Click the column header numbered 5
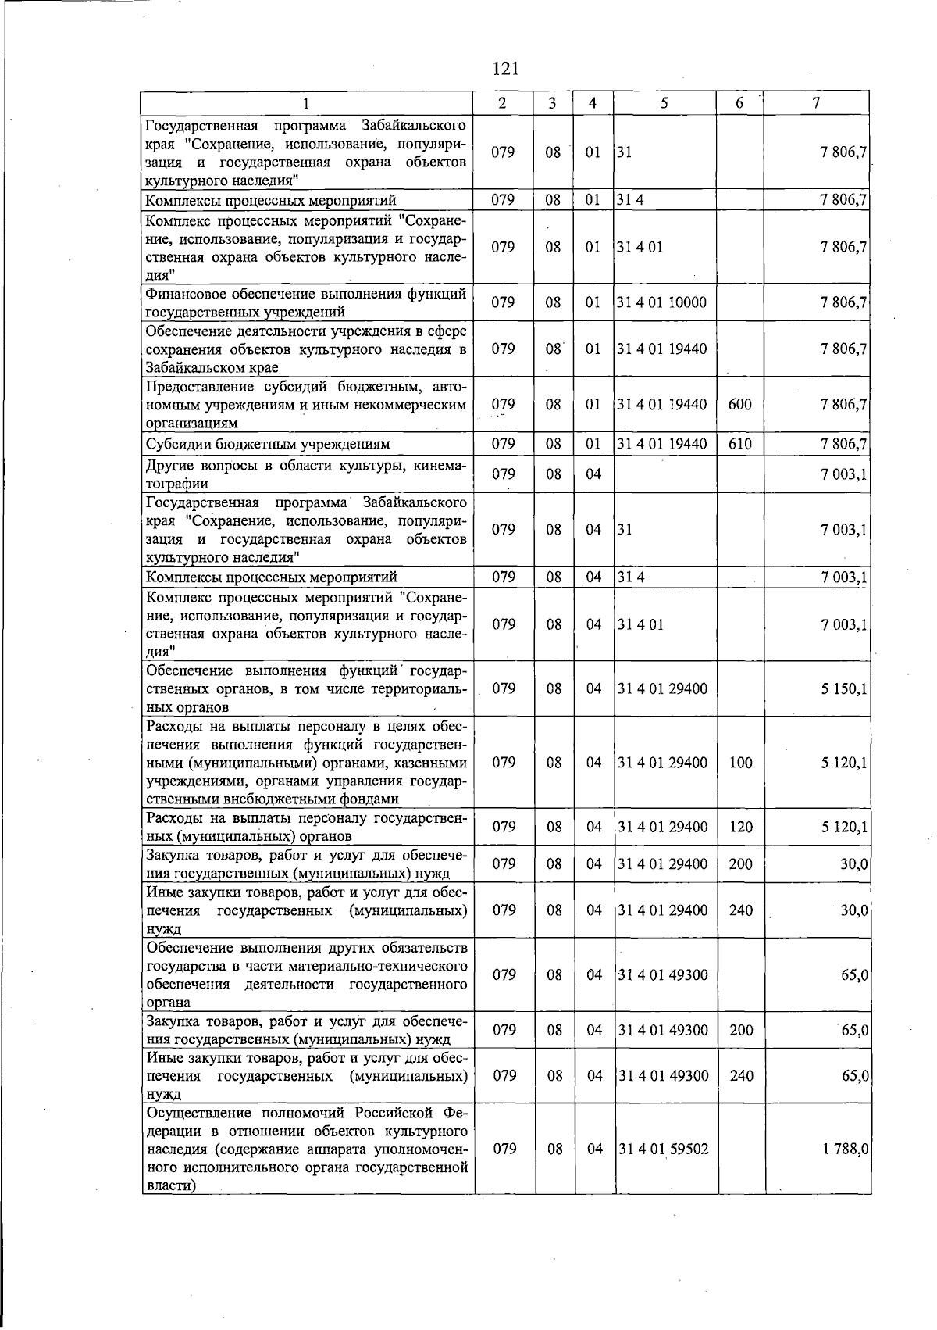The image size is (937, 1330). (664, 103)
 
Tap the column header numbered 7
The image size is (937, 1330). (815, 103)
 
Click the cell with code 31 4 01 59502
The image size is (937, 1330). (663, 1149)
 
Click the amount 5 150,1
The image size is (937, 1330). (844, 688)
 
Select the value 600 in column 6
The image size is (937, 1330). (739, 404)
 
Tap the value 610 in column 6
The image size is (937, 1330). (739, 444)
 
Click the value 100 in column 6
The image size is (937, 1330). (740, 762)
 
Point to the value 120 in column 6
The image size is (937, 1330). (740, 826)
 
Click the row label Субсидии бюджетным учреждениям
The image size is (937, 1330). (268, 444)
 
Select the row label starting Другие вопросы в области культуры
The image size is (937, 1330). (306, 474)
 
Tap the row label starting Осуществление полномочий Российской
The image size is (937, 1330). (306, 1149)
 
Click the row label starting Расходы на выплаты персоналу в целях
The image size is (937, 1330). (306, 762)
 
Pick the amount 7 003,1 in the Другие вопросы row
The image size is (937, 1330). (844, 474)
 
